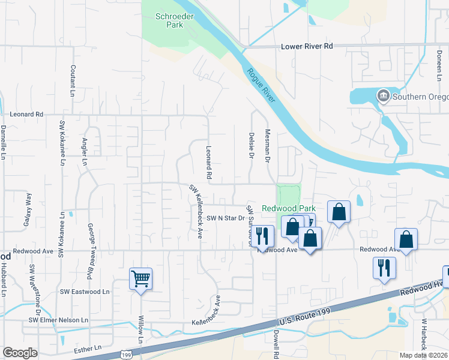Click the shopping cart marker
tap(140, 278)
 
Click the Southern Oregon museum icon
tap(383, 95)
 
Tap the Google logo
tap(20, 353)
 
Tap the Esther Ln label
tap(88, 349)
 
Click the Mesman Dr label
tap(268, 148)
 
